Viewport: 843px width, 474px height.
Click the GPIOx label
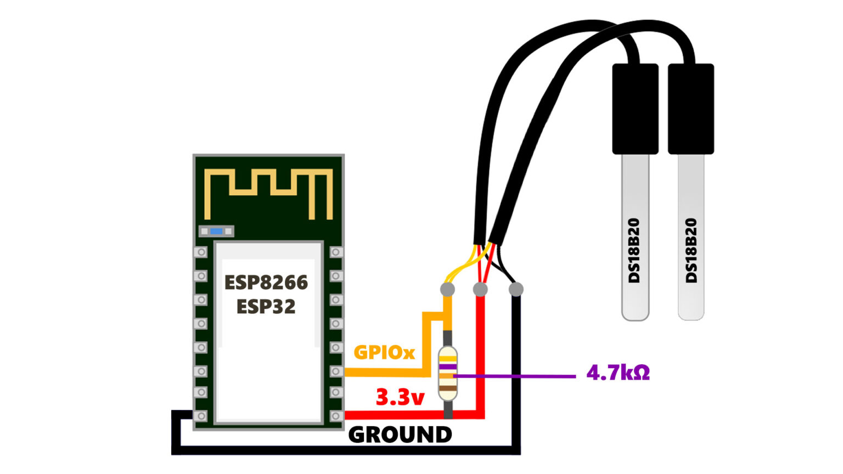384,352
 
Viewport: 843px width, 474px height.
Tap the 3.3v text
400,397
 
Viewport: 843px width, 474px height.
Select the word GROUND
400,435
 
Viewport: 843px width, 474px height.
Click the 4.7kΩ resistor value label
618,373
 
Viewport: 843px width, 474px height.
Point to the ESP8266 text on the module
266,283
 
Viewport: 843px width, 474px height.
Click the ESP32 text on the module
266,306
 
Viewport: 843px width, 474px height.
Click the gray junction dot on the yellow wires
447,289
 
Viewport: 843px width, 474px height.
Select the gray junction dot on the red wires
480,289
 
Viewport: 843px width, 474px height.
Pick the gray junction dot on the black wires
516,289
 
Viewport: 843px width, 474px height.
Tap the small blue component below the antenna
216,232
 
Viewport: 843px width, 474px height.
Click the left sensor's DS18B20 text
634,250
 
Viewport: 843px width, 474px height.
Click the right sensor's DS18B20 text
692,250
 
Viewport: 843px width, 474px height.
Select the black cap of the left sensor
635,109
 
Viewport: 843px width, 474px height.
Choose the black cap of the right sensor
691,109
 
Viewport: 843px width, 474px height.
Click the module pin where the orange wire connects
336,371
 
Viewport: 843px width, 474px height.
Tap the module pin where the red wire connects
336,416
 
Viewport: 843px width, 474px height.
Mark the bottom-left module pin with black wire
201,416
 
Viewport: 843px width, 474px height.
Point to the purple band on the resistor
448,366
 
